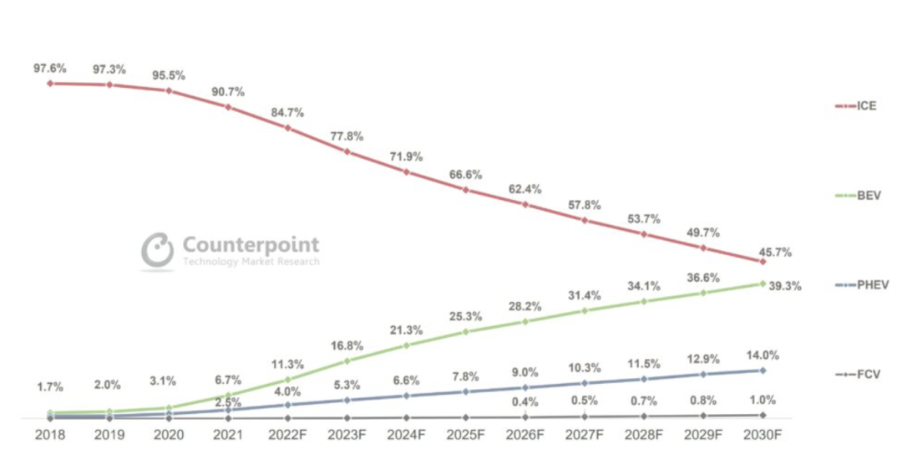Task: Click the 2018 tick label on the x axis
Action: click(x=50, y=435)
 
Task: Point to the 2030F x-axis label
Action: click(x=763, y=435)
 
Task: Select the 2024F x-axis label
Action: click(x=406, y=435)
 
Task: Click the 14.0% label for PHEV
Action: click(x=762, y=354)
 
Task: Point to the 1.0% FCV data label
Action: click(x=762, y=400)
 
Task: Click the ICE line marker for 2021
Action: click(x=228, y=107)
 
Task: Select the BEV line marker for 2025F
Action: click(x=466, y=331)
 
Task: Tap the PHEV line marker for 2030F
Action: click(x=763, y=370)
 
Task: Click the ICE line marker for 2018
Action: click(x=50, y=83)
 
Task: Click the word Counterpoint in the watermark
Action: click(x=251, y=245)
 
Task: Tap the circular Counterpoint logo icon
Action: click(x=157, y=250)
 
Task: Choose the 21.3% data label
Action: click(x=406, y=329)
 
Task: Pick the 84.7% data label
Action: click(x=287, y=112)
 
